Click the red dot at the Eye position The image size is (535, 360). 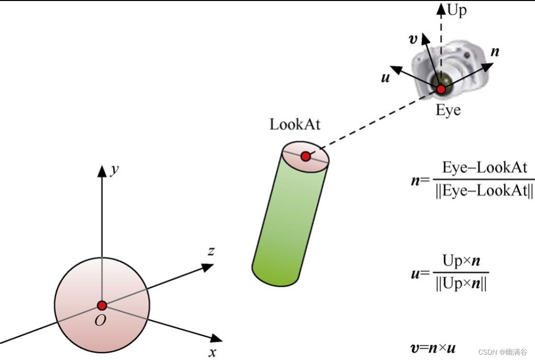click(x=441, y=89)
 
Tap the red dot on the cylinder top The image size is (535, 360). click(x=305, y=156)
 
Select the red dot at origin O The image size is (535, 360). click(x=102, y=305)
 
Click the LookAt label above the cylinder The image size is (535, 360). click(x=295, y=124)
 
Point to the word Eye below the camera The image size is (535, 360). click(x=448, y=110)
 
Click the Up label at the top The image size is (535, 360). click(x=457, y=10)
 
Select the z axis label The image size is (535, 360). click(x=210, y=251)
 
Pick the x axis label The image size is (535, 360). click(x=212, y=352)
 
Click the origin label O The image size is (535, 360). click(x=100, y=321)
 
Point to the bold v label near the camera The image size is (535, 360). click(x=413, y=39)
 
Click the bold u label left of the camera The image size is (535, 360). click(x=386, y=77)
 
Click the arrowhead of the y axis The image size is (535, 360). click(x=102, y=171)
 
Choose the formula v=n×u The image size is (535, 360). click(x=433, y=348)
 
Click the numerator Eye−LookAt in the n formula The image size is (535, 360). click(x=484, y=168)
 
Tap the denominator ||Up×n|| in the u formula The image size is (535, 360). click(x=461, y=285)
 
